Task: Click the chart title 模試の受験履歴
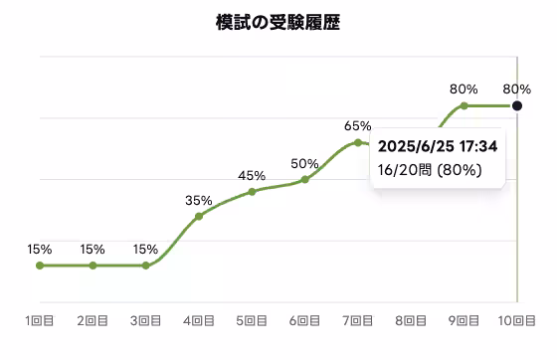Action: coord(278,22)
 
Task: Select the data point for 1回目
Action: coord(40,266)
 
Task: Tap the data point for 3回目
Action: coord(146,266)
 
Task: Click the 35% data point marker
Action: coord(199,216)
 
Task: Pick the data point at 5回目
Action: coord(252,191)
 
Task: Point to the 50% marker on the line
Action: coord(305,179)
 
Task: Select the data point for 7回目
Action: coord(358,142)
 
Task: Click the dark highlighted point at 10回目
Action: coord(517,105)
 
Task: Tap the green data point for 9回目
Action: coord(464,105)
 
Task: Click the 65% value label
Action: coord(358,126)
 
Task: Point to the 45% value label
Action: coord(252,176)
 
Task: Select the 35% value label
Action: coord(199,200)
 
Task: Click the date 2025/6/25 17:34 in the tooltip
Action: coord(438,147)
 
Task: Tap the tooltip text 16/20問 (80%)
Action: coord(431,170)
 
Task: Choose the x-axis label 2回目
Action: coord(93,321)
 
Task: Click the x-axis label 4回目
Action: coord(199,321)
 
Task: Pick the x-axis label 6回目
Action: coord(305,321)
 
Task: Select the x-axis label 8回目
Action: coord(411,321)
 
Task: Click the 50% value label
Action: coord(305,163)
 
